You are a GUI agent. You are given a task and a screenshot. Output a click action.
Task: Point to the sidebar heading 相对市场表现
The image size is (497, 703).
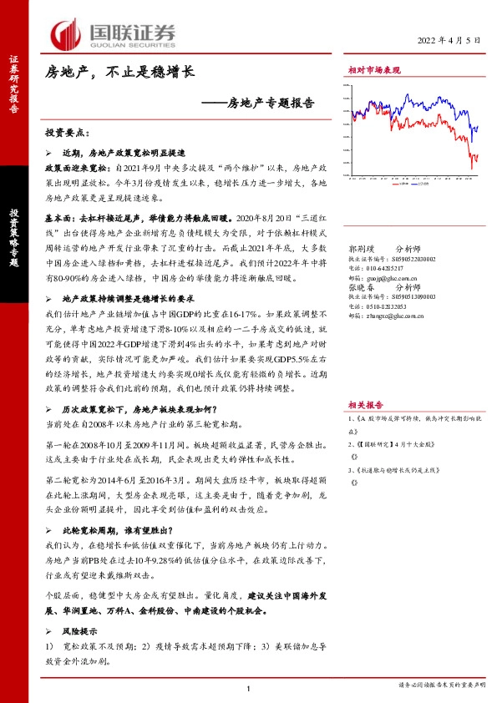point(374,72)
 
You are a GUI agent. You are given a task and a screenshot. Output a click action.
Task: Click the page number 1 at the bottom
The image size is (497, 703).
point(249,687)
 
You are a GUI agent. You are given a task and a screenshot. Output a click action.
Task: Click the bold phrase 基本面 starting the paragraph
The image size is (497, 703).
point(58,215)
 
